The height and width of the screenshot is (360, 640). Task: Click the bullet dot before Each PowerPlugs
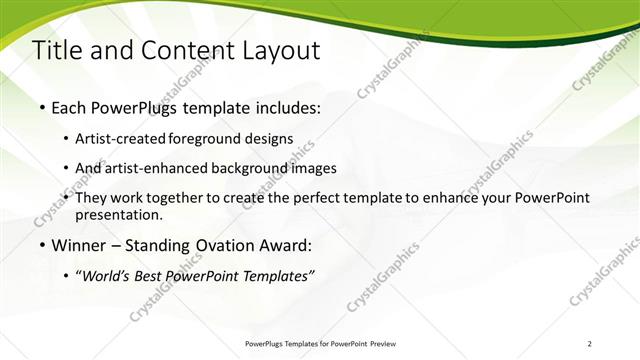pos(42,105)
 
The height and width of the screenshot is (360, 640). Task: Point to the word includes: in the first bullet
pos(284,105)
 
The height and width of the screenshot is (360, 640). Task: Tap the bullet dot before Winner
pos(42,245)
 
